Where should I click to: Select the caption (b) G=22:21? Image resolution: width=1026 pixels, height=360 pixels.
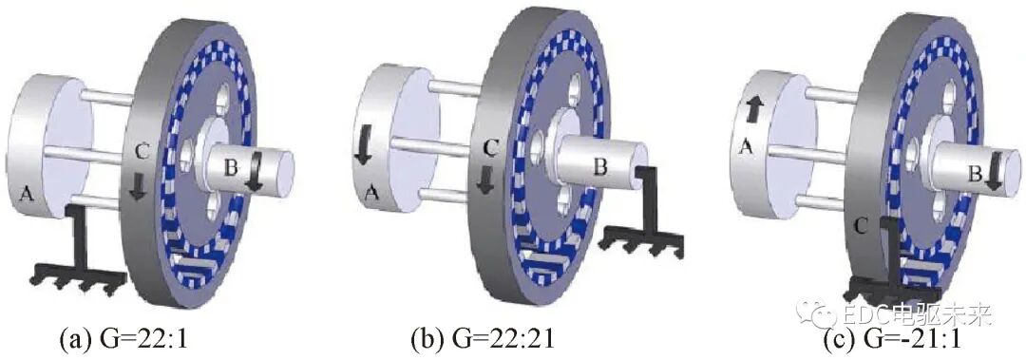tap(483, 339)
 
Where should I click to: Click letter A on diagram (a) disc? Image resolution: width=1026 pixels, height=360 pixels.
tap(27, 192)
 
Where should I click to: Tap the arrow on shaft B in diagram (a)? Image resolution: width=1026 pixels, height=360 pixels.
tap(256, 172)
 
